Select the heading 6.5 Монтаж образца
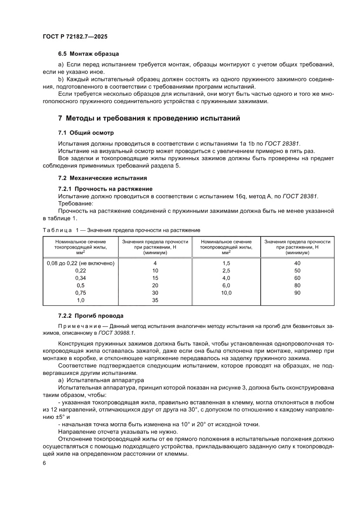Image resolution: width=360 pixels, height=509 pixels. (x=88, y=54)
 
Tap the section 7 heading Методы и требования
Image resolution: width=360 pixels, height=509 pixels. (x=148, y=118)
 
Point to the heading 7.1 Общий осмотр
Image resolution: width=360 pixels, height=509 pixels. (x=86, y=132)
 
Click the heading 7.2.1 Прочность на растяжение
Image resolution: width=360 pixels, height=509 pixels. (x=105, y=189)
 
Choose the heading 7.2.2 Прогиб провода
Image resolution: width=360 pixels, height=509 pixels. (x=91, y=315)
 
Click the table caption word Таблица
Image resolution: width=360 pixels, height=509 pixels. (x=57, y=229)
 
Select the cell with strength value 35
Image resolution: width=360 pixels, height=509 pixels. (x=155, y=300)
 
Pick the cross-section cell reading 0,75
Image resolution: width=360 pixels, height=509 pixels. (x=80, y=293)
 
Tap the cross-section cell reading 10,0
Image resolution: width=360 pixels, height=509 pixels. (x=226, y=293)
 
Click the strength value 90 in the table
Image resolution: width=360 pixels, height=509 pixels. (x=297, y=293)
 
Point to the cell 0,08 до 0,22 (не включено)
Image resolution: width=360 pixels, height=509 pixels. (x=80, y=263)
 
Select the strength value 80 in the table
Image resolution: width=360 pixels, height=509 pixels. (x=297, y=285)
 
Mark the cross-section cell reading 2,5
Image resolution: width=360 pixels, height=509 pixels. (x=226, y=270)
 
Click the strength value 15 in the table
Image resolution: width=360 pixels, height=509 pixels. (x=155, y=278)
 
